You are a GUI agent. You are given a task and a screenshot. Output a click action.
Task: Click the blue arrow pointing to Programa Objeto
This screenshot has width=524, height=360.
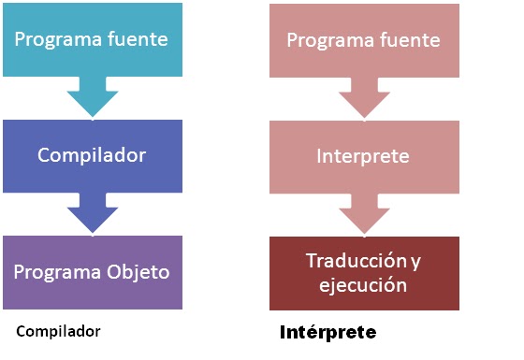click(x=92, y=213)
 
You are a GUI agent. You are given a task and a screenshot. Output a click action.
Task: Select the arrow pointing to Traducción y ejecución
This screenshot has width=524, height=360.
click(x=364, y=213)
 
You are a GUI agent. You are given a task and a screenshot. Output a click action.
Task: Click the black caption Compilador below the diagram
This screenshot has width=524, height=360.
click(x=58, y=331)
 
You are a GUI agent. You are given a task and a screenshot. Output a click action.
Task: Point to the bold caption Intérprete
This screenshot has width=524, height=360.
click(x=327, y=332)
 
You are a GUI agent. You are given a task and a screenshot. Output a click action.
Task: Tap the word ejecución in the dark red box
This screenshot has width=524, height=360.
click(x=363, y=284)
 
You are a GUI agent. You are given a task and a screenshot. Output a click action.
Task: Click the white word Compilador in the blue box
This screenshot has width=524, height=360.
click(x=92, y=155)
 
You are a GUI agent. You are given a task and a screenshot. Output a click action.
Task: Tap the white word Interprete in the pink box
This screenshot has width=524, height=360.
click(x=363, y=155)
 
